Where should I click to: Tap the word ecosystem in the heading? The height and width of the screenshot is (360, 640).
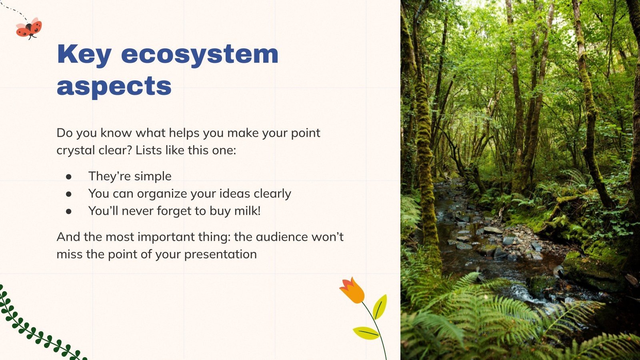pos(200,54)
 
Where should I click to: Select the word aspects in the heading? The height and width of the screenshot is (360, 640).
pos(114,86)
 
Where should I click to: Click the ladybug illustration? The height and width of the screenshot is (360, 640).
pos(29,28)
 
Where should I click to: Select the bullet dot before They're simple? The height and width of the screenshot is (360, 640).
pos(69,176)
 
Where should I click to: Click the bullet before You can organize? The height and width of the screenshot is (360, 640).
pos(69,194)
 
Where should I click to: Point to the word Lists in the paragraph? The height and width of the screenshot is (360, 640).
pos(148,150)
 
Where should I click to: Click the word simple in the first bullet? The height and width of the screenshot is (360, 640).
pos(152,176)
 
